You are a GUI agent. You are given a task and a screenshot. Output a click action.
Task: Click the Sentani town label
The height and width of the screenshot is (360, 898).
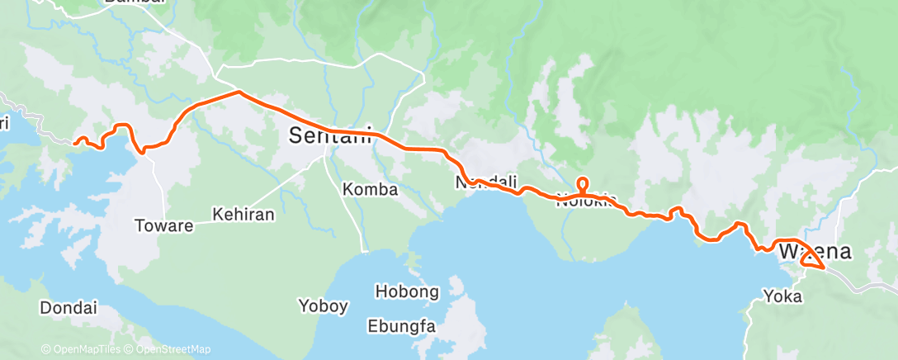pyautogui.click(x=331, y=136)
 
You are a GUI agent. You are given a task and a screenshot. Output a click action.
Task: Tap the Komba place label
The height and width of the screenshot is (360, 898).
pyautogui.click(x=370, y=190)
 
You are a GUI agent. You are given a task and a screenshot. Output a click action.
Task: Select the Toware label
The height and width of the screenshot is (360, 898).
pyautogui.click(x=165, y=225)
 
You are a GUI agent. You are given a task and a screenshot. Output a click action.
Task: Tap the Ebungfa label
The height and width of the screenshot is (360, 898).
pyautogui.click(x=401, y=325)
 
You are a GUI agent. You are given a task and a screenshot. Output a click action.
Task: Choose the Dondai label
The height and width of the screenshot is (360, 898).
pyautogui.click(x=68, y=308)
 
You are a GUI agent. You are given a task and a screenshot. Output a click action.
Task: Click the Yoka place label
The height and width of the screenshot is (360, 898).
pyautogui.click(x=782, y=296)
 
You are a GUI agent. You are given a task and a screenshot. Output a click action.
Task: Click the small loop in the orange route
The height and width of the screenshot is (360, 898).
pyautogui.click(x=583, y=184)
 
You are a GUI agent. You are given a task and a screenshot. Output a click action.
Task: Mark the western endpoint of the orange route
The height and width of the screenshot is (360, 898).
pyautogui.click(x=75, y=142)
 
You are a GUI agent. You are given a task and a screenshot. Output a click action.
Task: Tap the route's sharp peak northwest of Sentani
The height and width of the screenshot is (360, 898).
pyautogui.click(x=239, y=92)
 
